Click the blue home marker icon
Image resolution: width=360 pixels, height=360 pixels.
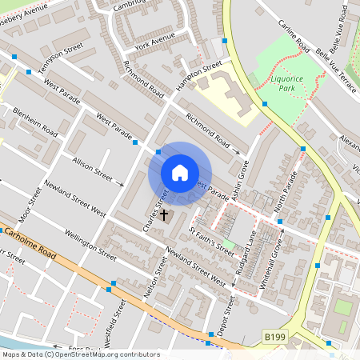180,173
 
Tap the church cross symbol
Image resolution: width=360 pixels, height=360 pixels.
165,214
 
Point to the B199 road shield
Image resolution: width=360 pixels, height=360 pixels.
274,339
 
